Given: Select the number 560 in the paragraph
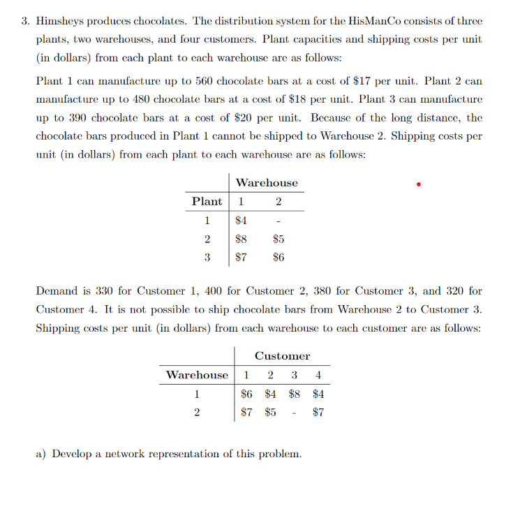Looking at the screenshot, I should click(x=188, y=81).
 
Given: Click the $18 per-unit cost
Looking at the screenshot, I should click(x=326, y=100).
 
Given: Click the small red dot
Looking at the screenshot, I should click(x=418, y=185).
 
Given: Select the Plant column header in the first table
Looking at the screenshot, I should click(x=207, y=202).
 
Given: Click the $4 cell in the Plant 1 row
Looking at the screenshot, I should click(x=242, y=221).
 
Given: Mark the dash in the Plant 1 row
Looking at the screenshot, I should click(x=278, y=221).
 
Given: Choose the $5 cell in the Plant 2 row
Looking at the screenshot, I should click(x=278, y=239).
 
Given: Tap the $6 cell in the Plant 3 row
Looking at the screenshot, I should click(x=278, y=257).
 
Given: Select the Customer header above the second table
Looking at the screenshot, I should click(x=282, y=356).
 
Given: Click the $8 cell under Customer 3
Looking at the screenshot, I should click(x=296, y=394).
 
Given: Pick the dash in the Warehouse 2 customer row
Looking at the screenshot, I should click(x=297, y=413).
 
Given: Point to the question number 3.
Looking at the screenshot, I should click(x=22, y=21).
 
